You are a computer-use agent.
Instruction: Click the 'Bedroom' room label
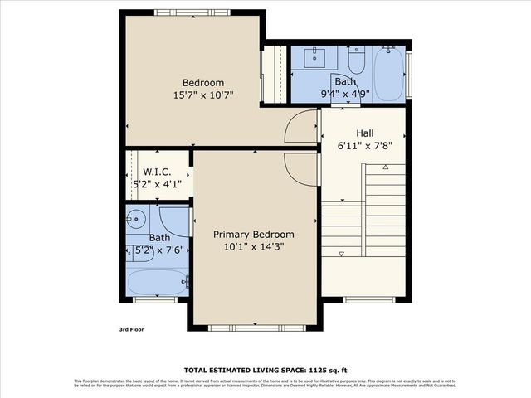(x=203, y=83)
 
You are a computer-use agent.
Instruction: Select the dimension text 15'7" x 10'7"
(x=203, y=95)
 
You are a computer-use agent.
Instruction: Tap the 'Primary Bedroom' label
(x=253, y=235)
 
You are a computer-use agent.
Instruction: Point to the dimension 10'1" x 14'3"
(x=253, y=247)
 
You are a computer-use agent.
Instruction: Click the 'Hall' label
(x=365, y=133)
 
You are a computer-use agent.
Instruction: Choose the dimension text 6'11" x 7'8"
(x=365, y=145)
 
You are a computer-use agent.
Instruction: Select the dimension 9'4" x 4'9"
(x=345, y=94)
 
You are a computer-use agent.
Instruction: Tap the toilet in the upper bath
(x=357, y=61)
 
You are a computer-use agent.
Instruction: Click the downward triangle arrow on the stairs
(x=342, y=254)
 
